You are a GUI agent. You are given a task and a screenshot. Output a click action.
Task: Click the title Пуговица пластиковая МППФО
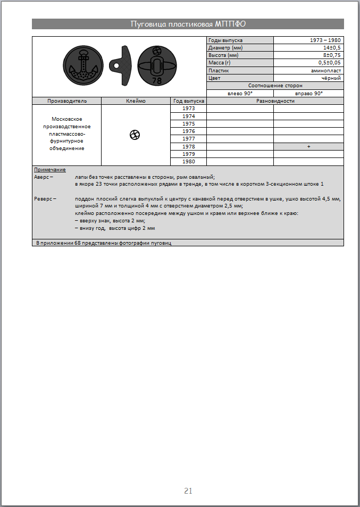pyautogui.click(x=188, y=24)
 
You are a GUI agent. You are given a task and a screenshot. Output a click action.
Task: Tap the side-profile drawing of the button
pyautogui.click(x=122, y=65)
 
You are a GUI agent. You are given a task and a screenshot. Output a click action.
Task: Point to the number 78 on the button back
pyautogui.click(x=156, y=81)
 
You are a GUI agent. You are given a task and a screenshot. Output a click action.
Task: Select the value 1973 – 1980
pyautogui.click(x=325, y=40)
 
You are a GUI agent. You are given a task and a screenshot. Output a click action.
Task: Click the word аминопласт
pyautogui.click(x=326, y=70)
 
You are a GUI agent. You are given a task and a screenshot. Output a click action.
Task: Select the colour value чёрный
pyautogui.click(x=331, y=78)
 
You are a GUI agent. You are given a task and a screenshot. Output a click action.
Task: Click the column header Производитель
pyautogui.click(x=66, y=101)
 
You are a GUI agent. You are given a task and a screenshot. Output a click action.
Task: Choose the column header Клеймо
pyautogui.click(x=136, y=101)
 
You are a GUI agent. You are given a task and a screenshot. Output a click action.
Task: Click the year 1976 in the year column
pyautogui.click(x=188, y=131)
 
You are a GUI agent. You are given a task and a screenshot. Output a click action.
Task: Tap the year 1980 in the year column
pyautogui.click(x=188, y=161)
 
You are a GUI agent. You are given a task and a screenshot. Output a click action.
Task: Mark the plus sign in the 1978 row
pyautogui.click(x=308, y=146)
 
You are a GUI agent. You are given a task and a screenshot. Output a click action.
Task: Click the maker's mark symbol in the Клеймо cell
pyautogui.click(x=135, y=135)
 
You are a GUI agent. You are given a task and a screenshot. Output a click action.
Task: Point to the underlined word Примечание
pyautogui.click(x=49, y=170)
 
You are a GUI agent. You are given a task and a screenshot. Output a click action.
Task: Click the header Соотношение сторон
pyautogui.click(x=275, y=86)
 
